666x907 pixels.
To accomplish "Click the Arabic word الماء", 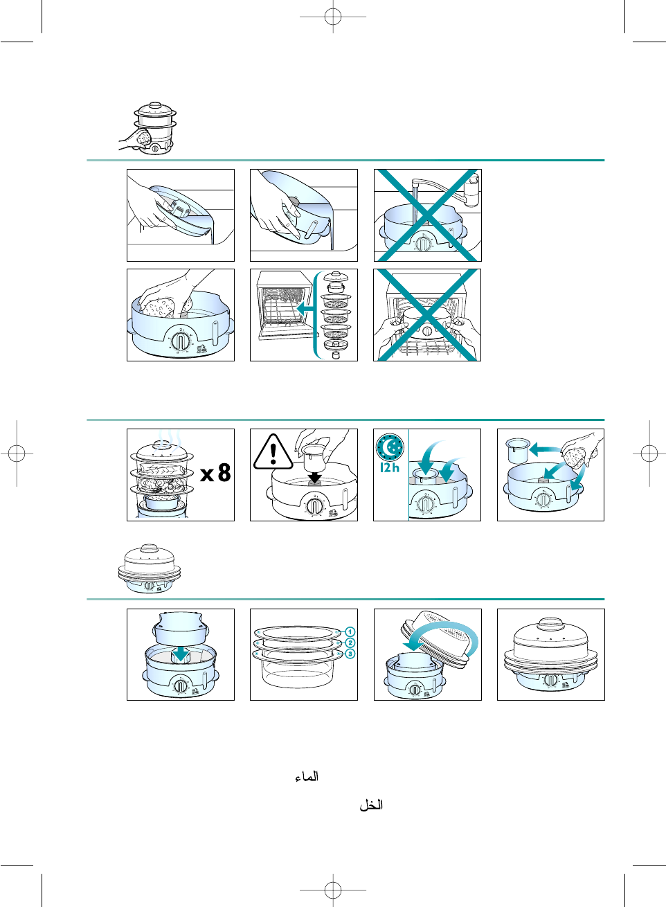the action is click(x=307, y=777).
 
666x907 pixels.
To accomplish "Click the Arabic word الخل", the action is click(x=371, y=805).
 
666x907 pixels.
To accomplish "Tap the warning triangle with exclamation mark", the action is click(x=273, y=452).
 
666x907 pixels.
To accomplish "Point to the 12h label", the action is click(x=390, y=467).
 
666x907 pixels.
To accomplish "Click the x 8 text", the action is click(x=216, y=472).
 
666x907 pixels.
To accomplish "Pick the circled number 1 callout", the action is click(x=350, y=631).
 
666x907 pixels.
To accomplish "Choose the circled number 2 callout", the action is click(x=350, y=643).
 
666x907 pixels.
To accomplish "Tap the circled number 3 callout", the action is click(x=350, y=654).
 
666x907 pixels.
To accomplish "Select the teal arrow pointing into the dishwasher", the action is click(x=305, y=309).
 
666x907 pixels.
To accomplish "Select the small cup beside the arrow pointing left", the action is click(x=517, y=450).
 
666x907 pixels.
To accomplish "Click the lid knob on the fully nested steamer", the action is click(x=550, y=623).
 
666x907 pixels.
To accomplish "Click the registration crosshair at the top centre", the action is click(x=333, y=17).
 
